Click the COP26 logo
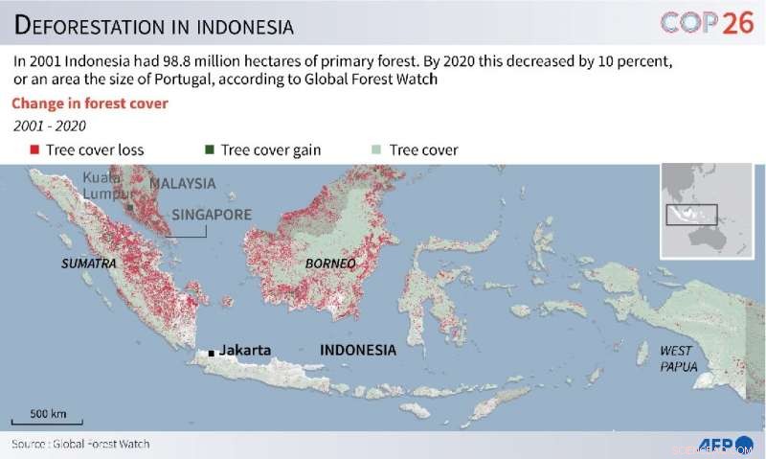(x=707, y=23)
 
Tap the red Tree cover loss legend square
(x=34, y=149)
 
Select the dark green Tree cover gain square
(x=209, y=149)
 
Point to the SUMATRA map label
(x=88, y=263)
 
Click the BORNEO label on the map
(x=330, y=263)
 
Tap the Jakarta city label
(x=245, y=350)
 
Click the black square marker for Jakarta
(x=212, y=354)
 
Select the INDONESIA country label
(x=357, y=350)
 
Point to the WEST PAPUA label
(x=678, y=358)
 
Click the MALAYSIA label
(x=182, y=183)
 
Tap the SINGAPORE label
(x=212, y=214)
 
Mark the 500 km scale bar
(x=47, y=422)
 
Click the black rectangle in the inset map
(x=692, y=213)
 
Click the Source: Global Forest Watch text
(x=80, y=444)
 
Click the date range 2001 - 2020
(x=49, y=126)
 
